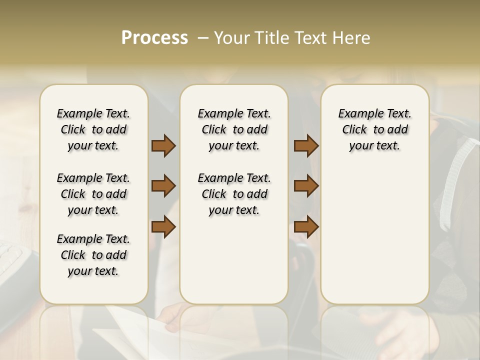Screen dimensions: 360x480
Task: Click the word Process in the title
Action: click(x=154, y=38)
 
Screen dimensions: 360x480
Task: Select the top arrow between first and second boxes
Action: click(x=163, y=146)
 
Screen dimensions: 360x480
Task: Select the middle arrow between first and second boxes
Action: click(x=163, y=186)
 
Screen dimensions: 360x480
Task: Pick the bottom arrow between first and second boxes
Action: click(x=163, y=226)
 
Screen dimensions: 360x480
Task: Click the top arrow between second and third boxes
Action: click(x=306, y=146)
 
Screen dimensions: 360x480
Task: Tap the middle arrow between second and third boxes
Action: click(x=306, y=186)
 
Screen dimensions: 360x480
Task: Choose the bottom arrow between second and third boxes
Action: click(x=306, y=226)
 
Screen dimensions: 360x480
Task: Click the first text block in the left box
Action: click(x=93, y=129)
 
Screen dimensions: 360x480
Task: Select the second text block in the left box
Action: click(x=93, y=194)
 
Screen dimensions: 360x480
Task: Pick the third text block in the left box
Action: click(x=93, y=255)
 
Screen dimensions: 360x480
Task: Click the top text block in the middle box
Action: click(x=234, y=129)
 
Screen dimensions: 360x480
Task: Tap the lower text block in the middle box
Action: click(x=234, y=194)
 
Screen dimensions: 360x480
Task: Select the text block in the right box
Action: click(x=374, y=129)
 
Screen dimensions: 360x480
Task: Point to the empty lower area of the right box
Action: click(x=374, y=235)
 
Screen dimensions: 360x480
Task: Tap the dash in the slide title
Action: click(x=203, y=38)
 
